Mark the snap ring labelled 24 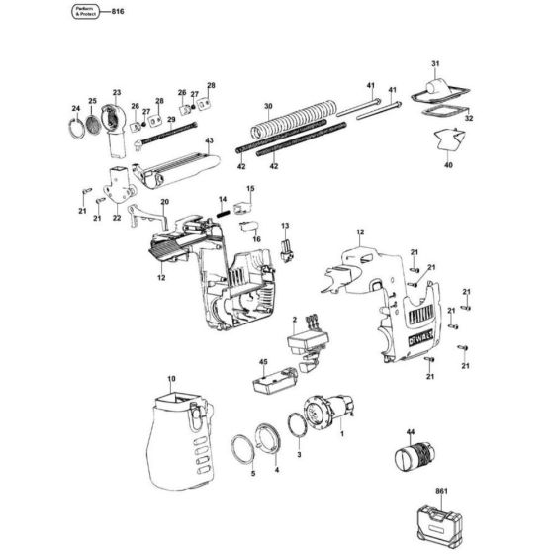(x=76, y=129)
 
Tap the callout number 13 (x=284, y=228)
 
